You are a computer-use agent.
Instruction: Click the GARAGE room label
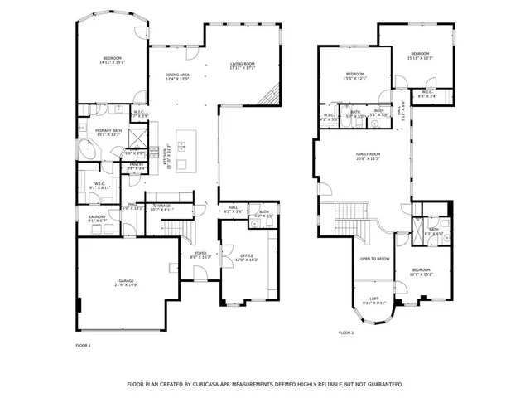[x=126, y=280]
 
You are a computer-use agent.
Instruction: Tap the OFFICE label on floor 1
[x=247, y=255]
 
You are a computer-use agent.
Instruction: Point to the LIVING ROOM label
[x=242, y=63]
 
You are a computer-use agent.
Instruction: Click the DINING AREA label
[x=178, y=75]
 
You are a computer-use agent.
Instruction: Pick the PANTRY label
[x=136, y=164]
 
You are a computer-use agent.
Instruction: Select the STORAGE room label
[x=161, y=206]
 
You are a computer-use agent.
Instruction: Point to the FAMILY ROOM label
[x=368, y=154]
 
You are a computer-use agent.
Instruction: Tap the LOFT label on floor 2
[x=374, y=298]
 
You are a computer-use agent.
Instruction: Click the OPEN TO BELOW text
[x=374, y=259]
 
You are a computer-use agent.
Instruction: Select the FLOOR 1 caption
[x=83, y=345]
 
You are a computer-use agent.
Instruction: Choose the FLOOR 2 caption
[x=345, y=332]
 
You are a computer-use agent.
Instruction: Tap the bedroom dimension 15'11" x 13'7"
[x=420, y=59]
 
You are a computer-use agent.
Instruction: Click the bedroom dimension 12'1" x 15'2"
[x=422, y=274]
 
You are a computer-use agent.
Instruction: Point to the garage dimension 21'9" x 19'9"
[x=126, y=285]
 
